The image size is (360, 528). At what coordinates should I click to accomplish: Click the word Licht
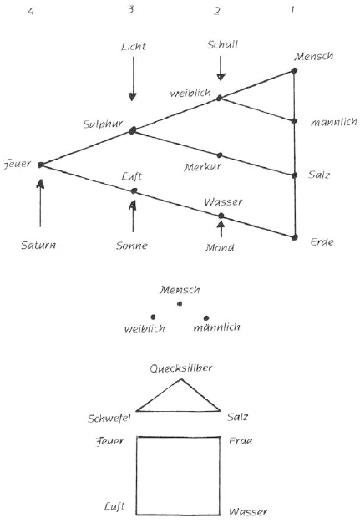(132, 47)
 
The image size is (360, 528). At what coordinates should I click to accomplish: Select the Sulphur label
(103, 124)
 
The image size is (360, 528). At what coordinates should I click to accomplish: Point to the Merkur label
(200, 168)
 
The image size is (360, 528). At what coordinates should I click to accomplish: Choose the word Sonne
(132, 246)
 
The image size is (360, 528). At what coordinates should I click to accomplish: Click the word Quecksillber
(179, 368)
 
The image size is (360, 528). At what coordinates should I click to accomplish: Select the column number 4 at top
(30, 11)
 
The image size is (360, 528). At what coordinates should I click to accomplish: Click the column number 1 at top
(292, 10)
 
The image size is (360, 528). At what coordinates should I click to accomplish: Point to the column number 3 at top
(132, 11)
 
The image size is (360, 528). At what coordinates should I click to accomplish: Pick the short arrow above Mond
(221, 227)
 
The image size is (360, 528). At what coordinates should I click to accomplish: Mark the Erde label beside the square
(240, 440)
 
